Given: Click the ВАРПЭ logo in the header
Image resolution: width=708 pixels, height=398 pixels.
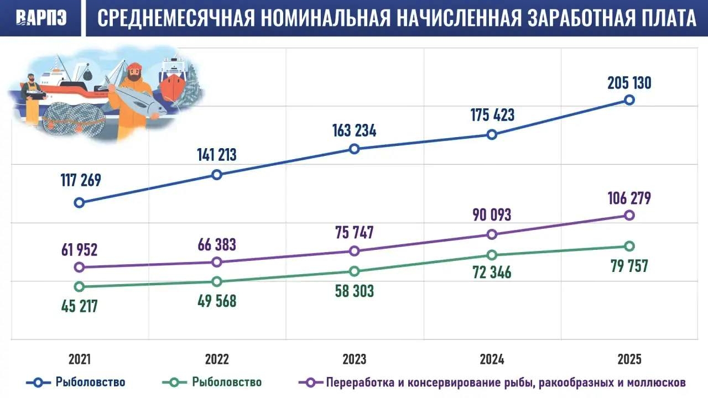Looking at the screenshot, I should (x=41, y=18).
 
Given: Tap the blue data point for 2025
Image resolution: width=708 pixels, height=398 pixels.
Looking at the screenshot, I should (x=629, y=100).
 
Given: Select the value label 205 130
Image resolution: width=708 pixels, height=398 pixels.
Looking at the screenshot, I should (x=629, y=83).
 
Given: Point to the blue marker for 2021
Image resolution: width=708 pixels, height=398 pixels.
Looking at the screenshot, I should (x=79, y=202).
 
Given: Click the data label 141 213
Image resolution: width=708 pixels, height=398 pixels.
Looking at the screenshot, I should (x=217, y=155).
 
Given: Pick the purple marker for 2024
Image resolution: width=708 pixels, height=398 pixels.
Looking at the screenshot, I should (x=492, y=234).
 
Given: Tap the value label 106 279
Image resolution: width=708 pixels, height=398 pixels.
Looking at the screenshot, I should (x=629, y=198).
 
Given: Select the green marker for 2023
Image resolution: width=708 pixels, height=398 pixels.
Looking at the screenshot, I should (x=355, y=271).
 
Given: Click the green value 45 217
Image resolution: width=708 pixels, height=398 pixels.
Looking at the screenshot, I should (x=79, y=306).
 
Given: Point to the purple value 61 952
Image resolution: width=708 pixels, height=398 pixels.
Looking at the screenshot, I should (x=79, y=250).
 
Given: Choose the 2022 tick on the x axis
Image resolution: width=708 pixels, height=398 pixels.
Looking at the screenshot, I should (x=217, y=360).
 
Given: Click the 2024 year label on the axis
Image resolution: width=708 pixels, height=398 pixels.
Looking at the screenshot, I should (x=492, y=360).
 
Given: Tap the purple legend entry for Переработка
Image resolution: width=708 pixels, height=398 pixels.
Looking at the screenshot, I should (x=498, y=383).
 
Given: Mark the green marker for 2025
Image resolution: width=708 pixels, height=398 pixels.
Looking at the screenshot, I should (x=629, y=246).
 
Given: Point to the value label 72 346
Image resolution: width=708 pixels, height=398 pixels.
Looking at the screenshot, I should (x=492, y=272).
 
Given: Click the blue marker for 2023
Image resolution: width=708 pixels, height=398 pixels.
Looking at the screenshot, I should (x=355, y=149).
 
